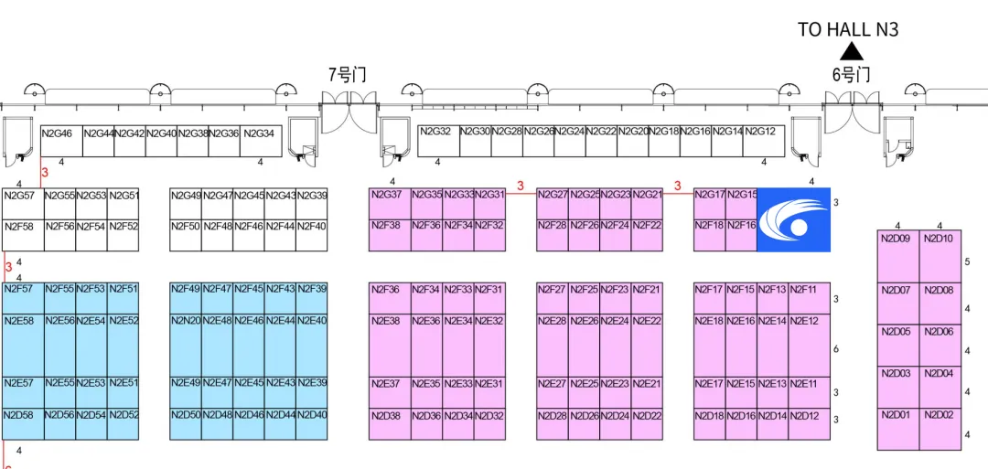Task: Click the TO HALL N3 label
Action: (847, 29)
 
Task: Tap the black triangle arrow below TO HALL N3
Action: (852, 51)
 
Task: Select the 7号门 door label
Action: (348, 75)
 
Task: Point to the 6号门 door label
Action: (851, 75)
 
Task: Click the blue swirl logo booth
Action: (793, 219)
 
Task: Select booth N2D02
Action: (940, 430)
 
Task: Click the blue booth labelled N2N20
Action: (186, 338)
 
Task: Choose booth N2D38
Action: (388, 425)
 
